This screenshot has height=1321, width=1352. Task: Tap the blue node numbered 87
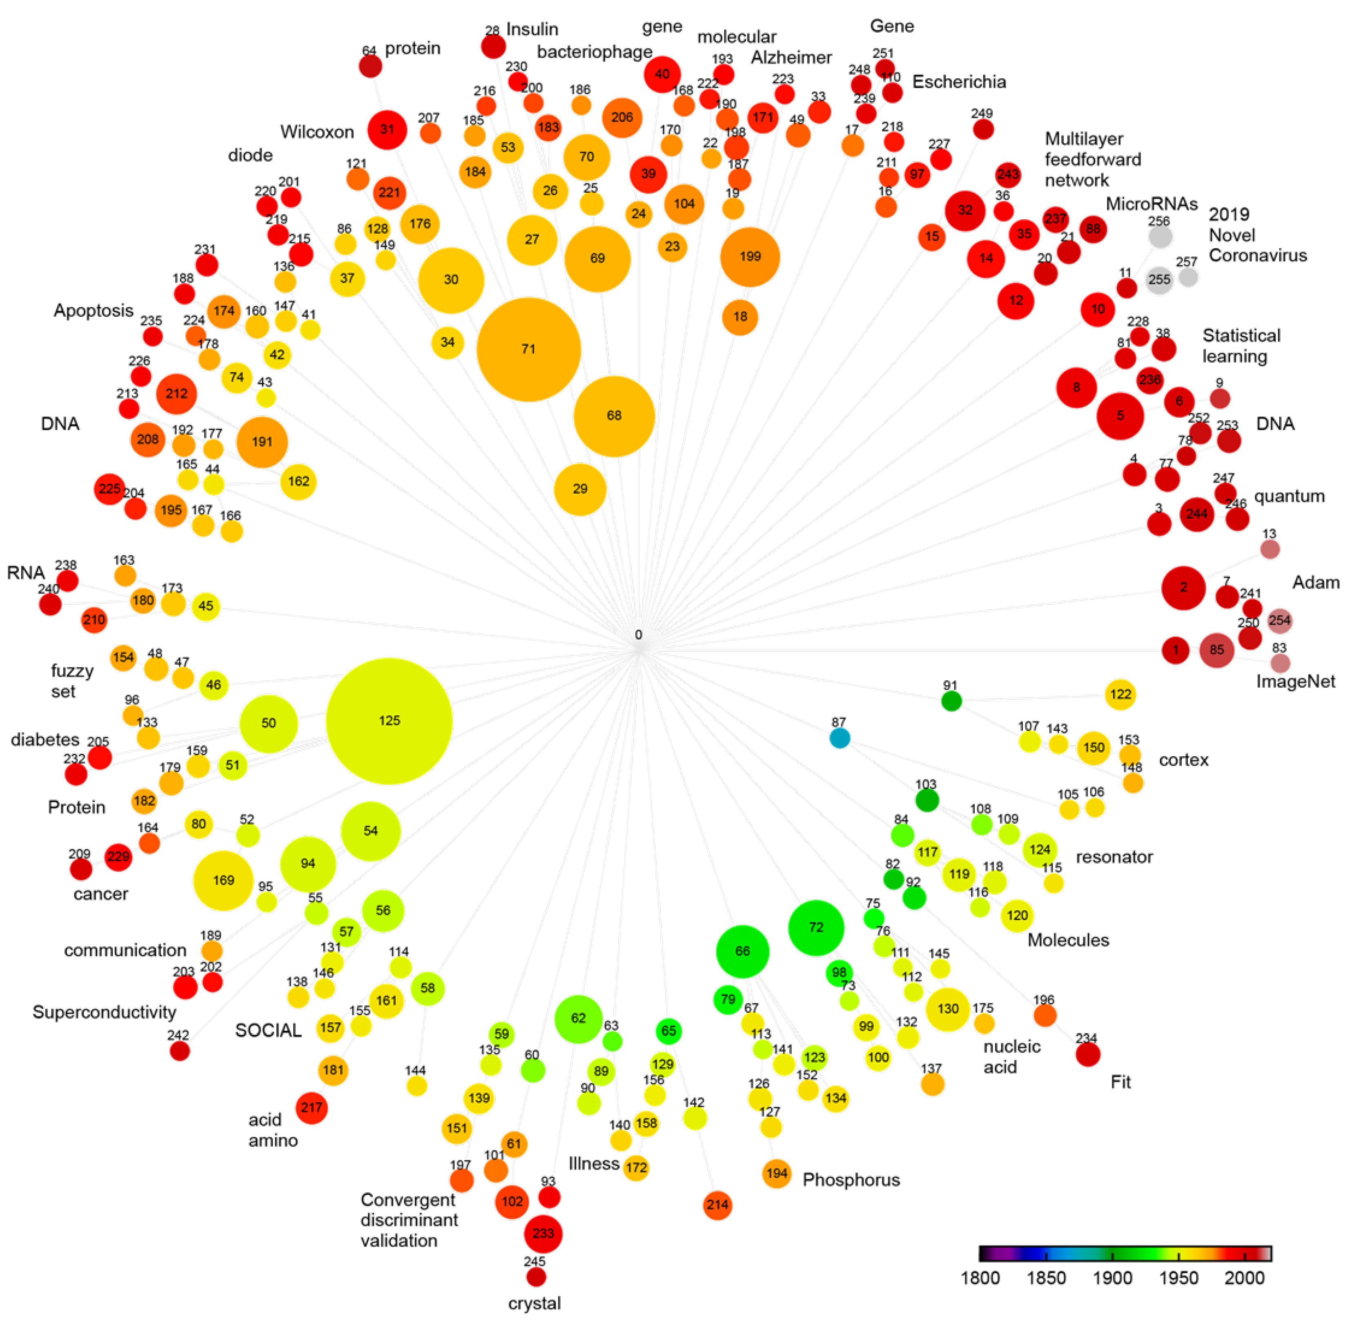pos(840,737)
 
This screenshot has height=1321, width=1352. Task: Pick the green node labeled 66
pos(742,951)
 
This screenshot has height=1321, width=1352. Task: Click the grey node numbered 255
pos(1158,280)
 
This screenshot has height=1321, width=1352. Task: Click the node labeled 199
pos(750,257)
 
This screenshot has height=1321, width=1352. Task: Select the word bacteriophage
pos(595,52)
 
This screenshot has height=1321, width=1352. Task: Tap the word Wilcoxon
pos(317,132)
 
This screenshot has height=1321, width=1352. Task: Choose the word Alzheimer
pos(791,58)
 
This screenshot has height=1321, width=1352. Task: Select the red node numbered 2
pos(1183,588)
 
